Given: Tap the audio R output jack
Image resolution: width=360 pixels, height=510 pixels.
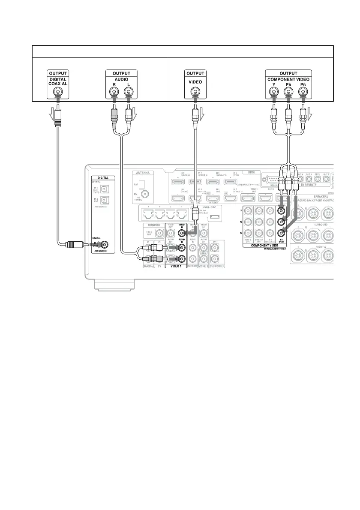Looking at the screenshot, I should (114, 92).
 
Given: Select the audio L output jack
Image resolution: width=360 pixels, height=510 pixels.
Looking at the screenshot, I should (127, 92).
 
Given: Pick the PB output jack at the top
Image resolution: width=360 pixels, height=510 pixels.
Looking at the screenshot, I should (289, 92).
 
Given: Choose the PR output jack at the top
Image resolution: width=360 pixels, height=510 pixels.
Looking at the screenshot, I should (304, 92).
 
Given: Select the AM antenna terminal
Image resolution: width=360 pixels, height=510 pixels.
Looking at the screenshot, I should (147, 183).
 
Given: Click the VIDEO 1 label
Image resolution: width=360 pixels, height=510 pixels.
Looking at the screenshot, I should (176, 267).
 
